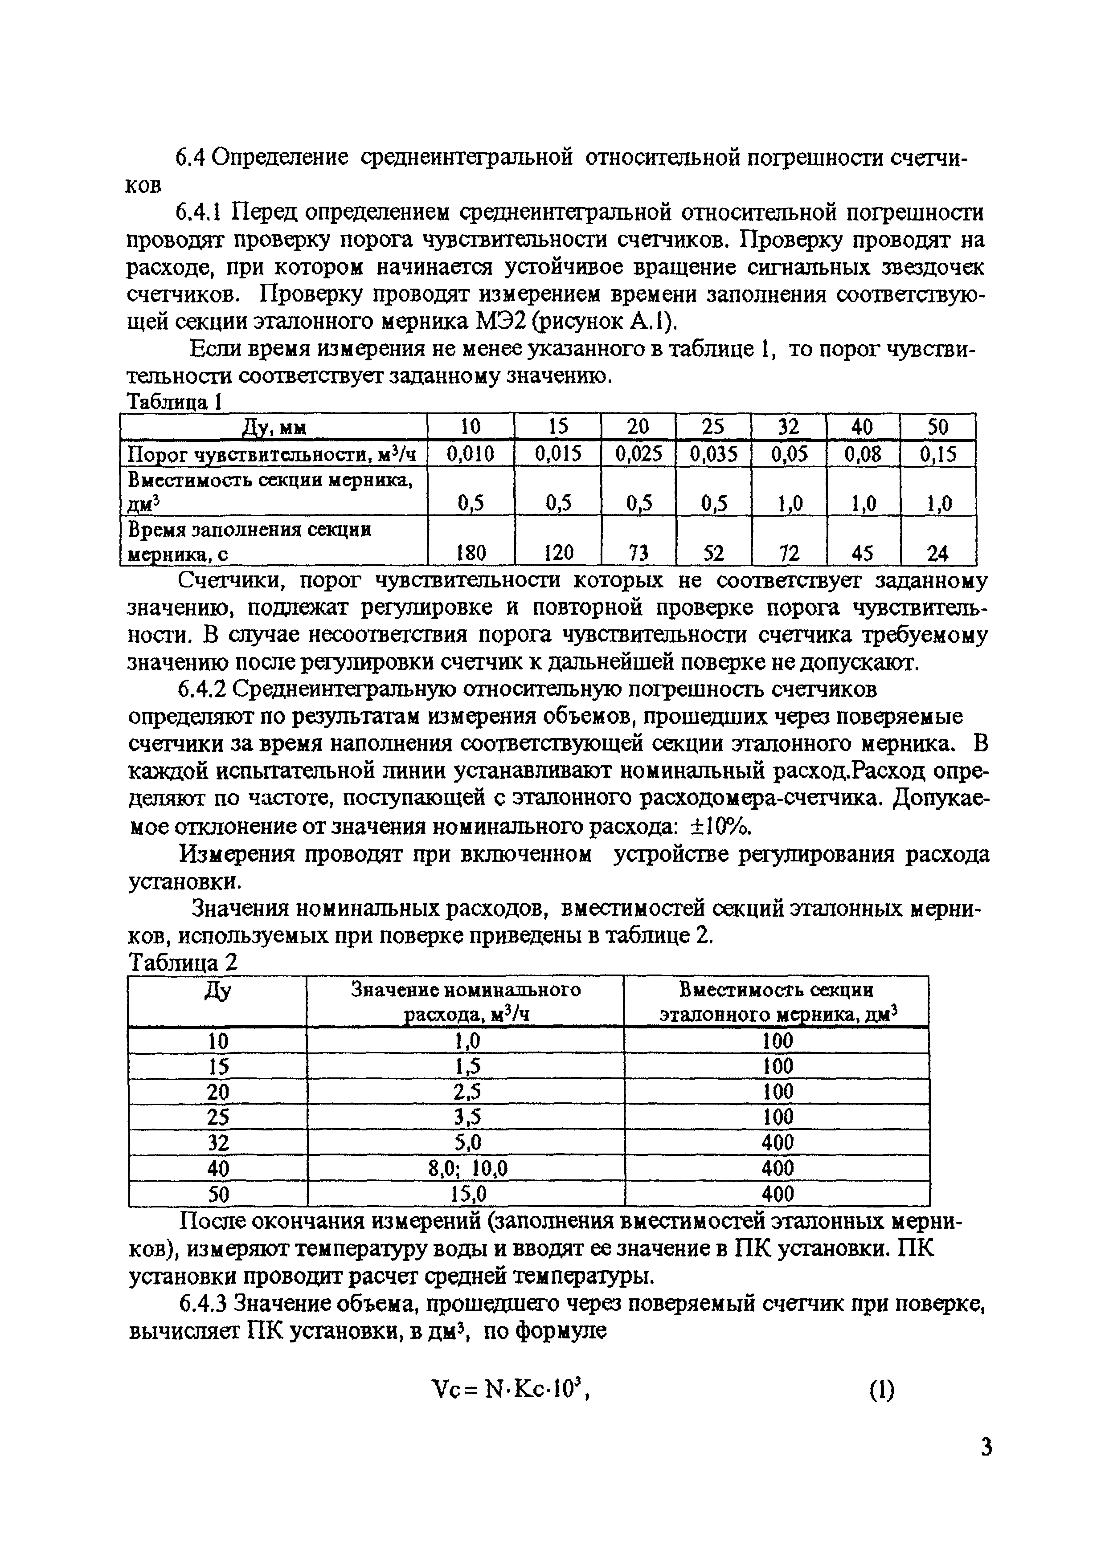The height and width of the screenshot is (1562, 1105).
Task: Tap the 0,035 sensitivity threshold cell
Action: point(713,454)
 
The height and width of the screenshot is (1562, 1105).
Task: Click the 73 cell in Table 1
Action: point(638,553)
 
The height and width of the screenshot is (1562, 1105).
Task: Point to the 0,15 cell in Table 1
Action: point(937,454)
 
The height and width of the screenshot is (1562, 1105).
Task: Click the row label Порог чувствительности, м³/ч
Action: point(272,454)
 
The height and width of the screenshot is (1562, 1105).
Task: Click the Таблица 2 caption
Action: point(184,963)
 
